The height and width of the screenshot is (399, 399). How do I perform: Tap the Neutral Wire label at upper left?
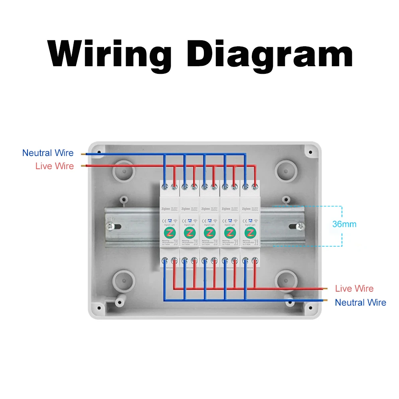(48, 153)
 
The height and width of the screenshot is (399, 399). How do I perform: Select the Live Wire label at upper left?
(55, 166)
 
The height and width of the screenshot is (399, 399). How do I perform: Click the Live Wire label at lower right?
(354, 288)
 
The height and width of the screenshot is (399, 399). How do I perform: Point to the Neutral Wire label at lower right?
(361, 302)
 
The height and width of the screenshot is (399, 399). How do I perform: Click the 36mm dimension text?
(344, 224)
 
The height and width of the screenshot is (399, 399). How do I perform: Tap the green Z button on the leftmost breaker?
(169, 232)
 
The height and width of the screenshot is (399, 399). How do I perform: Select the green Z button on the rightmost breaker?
(250, 232)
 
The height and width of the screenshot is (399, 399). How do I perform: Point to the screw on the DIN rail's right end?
(300, 227)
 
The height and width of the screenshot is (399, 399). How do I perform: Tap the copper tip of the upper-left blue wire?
(83, 153)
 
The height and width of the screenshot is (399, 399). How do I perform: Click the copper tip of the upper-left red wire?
(83, 166)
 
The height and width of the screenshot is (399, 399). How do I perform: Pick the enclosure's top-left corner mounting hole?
(98, 152)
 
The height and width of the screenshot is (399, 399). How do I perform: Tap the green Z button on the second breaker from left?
(189, 232)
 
